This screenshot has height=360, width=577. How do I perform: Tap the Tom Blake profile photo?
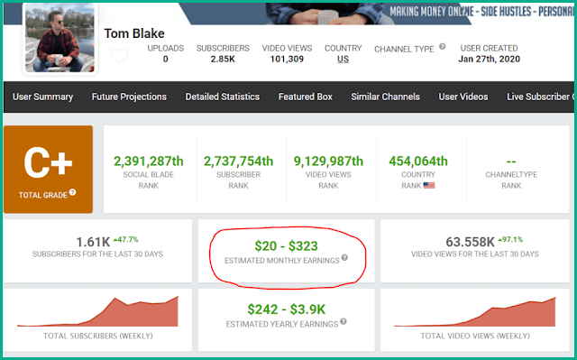tap(60, 38)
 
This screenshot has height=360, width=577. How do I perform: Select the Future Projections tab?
tap(129, 97)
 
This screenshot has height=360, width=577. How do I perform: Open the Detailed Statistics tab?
tap(222, 97)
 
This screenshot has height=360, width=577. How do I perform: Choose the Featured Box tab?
tap(304, 97)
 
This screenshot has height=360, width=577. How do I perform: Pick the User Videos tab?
tap(463, 97)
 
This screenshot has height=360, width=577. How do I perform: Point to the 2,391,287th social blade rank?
tap(150, 161)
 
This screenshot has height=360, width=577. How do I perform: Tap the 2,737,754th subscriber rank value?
tap(238, 161)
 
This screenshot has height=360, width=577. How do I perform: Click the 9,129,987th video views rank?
tap(328, 161)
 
